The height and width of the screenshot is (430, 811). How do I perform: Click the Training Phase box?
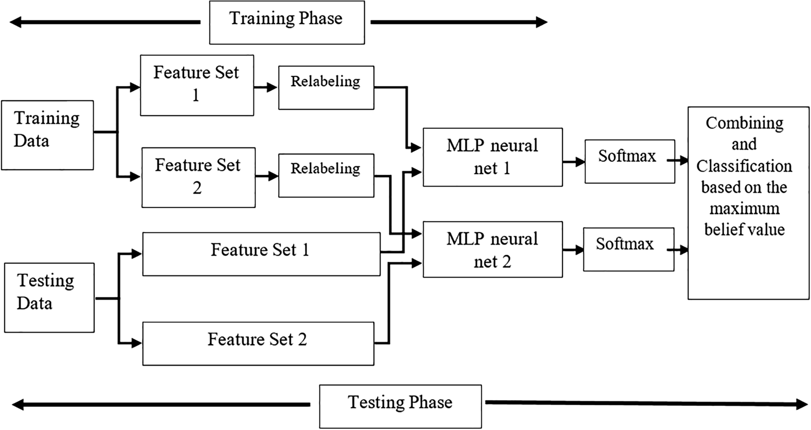[287, 22]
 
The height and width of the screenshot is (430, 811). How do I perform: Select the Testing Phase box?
[400, 406]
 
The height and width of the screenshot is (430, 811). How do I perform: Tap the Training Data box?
[47, 135]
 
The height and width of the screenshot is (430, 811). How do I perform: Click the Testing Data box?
[49, 297]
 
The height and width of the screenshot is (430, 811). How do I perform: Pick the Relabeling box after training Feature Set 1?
[326, 88]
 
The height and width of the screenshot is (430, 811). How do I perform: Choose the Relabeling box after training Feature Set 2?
[326, 176]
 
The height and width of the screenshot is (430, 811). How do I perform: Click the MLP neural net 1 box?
[492, 157]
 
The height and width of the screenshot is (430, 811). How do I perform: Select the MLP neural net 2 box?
[492, 249]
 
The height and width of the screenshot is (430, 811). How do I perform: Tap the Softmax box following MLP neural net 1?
[629, 161]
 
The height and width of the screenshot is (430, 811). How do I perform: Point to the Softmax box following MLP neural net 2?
[628, 249]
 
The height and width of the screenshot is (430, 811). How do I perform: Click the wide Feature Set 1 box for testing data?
[261, 254]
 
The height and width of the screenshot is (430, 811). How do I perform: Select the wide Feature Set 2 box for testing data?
[258, 343]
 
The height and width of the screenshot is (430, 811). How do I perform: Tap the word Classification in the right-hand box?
[744, 166]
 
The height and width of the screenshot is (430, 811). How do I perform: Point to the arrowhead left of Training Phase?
[16, 22]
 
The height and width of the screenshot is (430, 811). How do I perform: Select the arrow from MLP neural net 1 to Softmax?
[574, 162]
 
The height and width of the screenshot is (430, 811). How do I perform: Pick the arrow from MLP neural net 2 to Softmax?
[573, 249]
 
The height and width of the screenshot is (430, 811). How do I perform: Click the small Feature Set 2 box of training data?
[198, 177]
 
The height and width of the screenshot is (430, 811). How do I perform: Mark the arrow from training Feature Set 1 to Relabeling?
[266, 87]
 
